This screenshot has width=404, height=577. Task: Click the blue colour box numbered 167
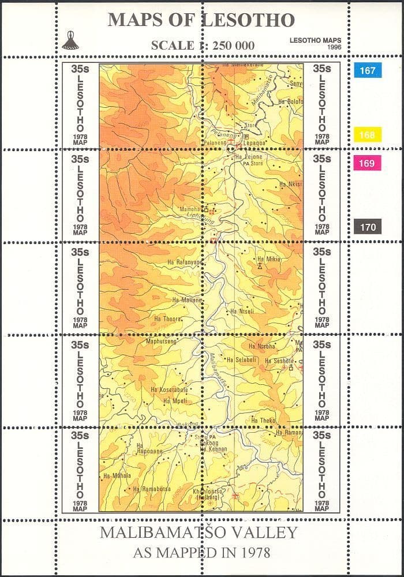point(367,71)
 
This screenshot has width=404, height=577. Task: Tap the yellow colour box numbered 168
point(367,135)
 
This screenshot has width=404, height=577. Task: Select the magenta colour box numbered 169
point(367,163)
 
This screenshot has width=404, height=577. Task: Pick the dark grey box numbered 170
point(367,227)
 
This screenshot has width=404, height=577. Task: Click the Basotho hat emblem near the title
point(70,40)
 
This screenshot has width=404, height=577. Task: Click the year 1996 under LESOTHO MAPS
point(334,46)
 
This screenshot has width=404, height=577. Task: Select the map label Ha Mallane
point(187,300)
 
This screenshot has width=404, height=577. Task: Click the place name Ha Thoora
point(168,319)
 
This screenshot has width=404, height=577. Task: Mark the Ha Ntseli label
point(242,312)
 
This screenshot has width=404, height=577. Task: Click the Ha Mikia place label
point(268,259)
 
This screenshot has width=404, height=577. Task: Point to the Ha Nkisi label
point(290,185)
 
